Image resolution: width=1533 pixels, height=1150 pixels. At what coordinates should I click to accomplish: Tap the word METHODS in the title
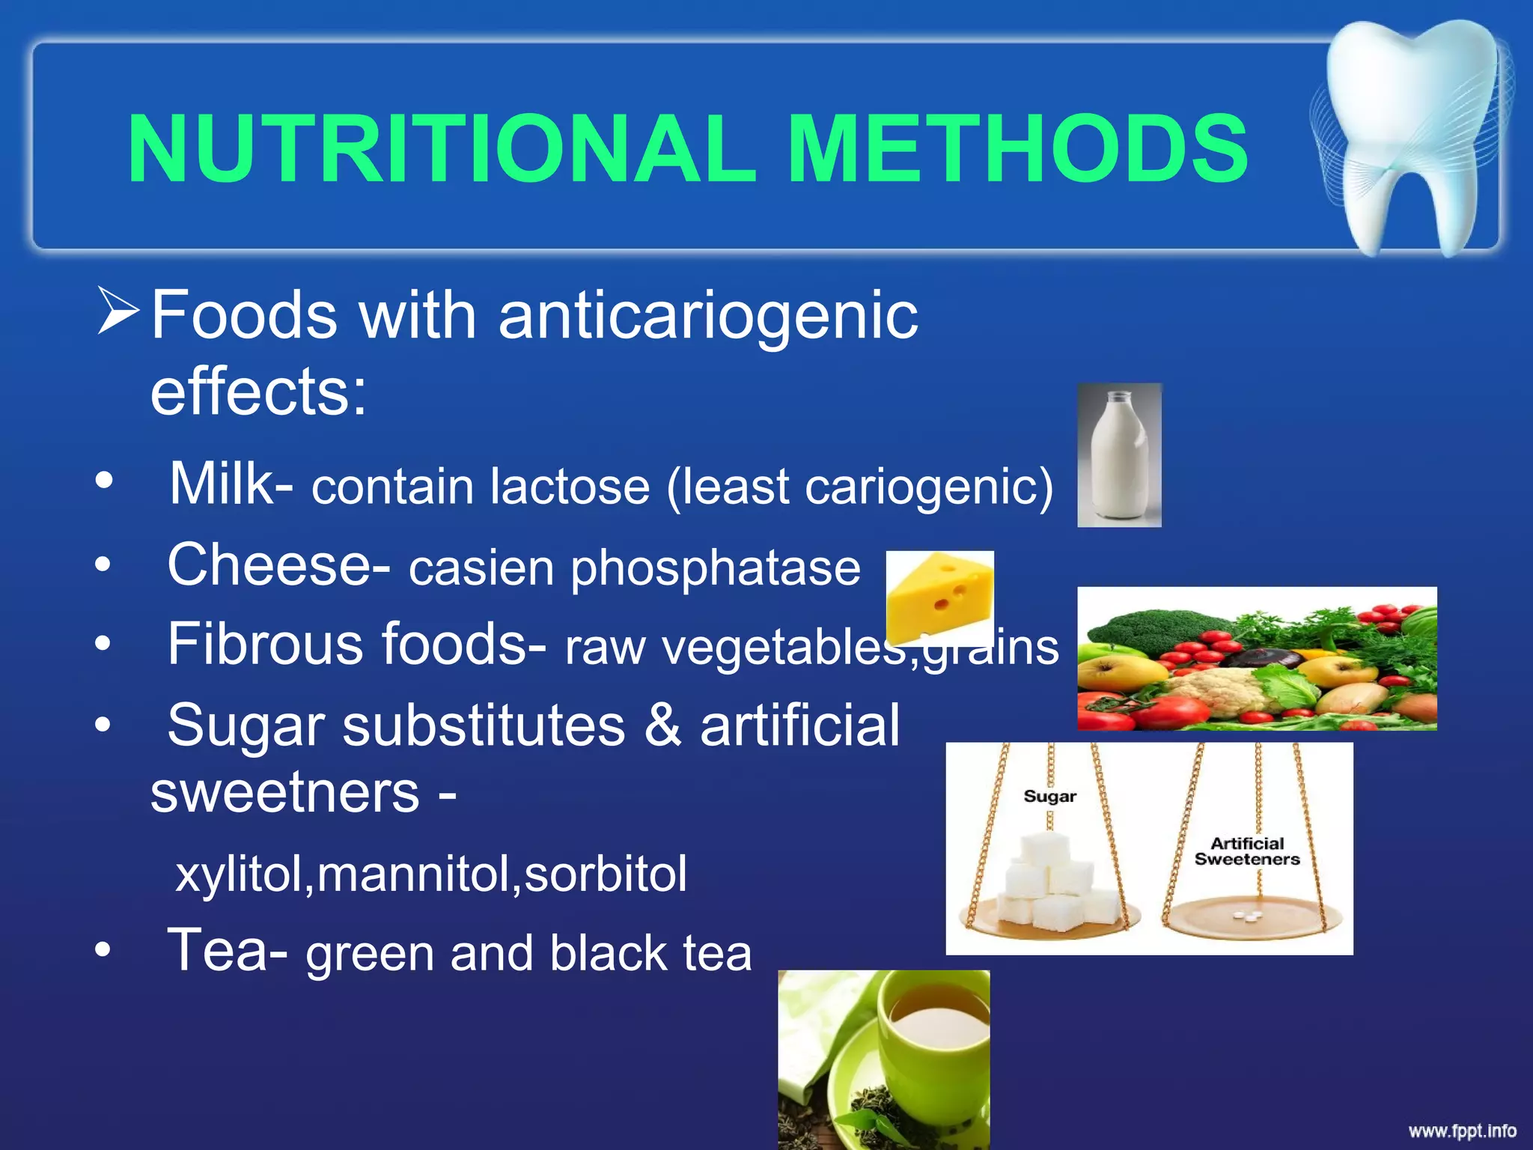pyautogui.click(x=1018, y=149)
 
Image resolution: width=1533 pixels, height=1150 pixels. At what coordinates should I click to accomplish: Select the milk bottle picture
pyautogui.click(x=1119, y=455)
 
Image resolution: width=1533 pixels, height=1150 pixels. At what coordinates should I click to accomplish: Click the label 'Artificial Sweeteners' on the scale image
pyautogui.click(x=1247, y=851)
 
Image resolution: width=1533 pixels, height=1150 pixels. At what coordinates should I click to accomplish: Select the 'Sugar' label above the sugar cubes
pyautogui.click(x=1049, y=796)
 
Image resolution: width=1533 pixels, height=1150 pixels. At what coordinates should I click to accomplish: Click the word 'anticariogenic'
pyautogui.click(x=707, y=315)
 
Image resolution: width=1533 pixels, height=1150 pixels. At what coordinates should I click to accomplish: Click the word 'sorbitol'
pyautogui.click(x=605, y=874)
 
